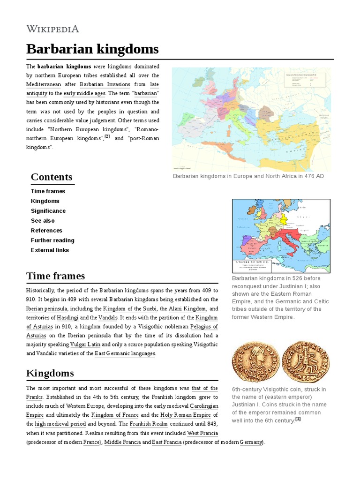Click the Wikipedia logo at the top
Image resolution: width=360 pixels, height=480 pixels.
(52, 29)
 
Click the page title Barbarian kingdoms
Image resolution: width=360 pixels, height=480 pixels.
(92, 49)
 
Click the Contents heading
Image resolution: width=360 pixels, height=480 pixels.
(52, 177)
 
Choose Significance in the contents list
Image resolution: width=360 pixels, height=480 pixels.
(48, 211)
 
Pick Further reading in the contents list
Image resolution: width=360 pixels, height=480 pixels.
(52, 240)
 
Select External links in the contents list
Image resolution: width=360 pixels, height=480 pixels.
(50, 250)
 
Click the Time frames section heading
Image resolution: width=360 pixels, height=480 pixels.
(55, 276)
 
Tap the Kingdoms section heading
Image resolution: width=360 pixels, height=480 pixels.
(50, 373)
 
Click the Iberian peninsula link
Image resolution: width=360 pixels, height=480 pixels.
(47, 309)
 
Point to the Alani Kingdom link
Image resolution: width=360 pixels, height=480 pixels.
(187, 309)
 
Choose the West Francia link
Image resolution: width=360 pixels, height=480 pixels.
(202, 433)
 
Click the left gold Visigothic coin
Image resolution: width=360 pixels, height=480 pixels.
(255, 362)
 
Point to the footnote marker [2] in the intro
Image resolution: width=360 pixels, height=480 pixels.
(107, 136)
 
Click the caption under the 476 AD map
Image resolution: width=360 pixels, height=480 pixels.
(248, 176)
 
